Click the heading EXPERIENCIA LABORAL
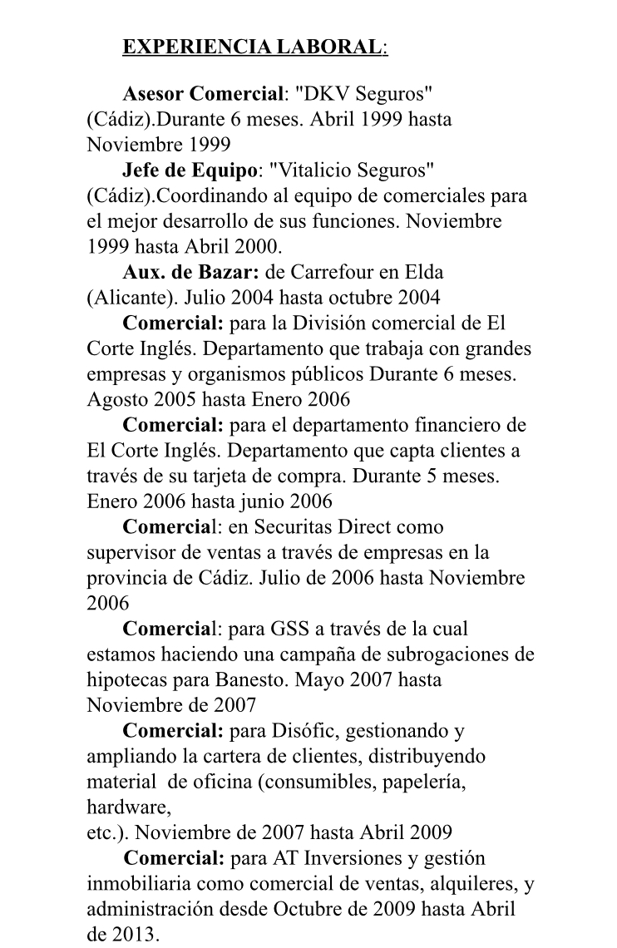254,47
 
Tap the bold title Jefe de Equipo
189,170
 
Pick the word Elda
425,272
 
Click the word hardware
128,807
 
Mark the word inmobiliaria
136,883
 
